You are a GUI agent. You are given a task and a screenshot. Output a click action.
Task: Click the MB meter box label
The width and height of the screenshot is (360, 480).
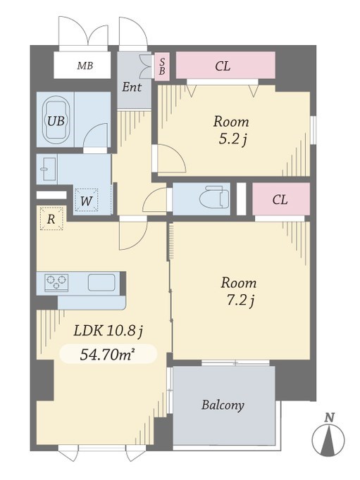pyautogui.click(x=85, y=65)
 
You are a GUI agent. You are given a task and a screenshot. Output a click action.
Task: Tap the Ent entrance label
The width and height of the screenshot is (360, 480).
pyautogui.click(x=132, y=87)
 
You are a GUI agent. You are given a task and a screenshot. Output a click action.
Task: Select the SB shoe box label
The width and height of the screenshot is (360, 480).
pyautogui.click(x=162, y=66)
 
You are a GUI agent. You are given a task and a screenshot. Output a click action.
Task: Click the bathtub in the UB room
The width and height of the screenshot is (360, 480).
pyautogui.click(x=56, y=120)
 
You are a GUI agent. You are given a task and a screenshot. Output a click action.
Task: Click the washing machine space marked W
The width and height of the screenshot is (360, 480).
pyautogui.click(x=87, y=201)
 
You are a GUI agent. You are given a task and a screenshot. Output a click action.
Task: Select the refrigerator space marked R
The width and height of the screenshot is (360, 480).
pyautogui.click(x=51, y=219)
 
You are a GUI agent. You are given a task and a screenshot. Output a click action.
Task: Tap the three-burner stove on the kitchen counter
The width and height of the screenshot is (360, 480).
pyautogui.click(x=56, y=282)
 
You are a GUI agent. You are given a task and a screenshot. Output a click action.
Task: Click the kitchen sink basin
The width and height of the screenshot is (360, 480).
pyautogui.click(x=101, y=282)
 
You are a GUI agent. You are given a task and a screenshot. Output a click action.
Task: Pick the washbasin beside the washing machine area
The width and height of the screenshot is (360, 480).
pyautogui.click(x=49, y=169)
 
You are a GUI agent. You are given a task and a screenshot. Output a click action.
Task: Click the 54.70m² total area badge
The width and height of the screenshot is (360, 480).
pyautogui.click(x=108, y=354)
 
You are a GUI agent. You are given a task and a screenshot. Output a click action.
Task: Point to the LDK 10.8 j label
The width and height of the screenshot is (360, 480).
pyautogui.click(x=108, y=331)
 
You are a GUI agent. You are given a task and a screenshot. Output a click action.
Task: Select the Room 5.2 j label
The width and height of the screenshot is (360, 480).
pyautogui.click(x=231, y=130)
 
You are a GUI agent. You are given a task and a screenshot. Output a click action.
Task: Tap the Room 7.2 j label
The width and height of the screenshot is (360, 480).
pyautogui.click(x=239, y=291)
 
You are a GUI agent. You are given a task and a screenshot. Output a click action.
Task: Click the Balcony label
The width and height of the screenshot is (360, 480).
pyautogui.click(x=223, y=405)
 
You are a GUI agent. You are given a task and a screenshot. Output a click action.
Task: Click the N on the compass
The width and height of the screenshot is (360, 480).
pyautogui.click(x=330, y=417)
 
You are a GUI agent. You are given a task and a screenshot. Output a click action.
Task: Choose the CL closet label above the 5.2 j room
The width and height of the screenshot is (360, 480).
pyautogui.click(x=223, y=66)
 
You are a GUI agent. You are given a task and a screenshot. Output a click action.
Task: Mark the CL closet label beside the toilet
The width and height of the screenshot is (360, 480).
pyautogui.click(x=280, y=200)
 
